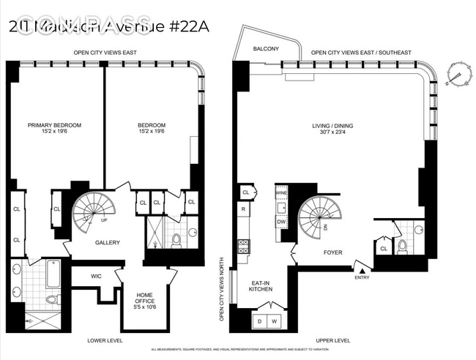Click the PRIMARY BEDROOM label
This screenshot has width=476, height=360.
pyautogui.click(x=54, y=125)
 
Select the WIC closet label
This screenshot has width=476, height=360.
pyautogui.click(x=96, y=276)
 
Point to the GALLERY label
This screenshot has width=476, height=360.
pyautogui.click(x=107, y=243)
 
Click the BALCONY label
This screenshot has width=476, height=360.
pyautogui.click(x=264, y=49)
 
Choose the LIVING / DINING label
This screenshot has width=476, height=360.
pyautogui.click(x=332, y=125)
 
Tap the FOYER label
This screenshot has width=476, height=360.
pyautogui.click(x=332, y=252)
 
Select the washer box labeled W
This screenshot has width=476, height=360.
pyautogui.click(x=275, y=321)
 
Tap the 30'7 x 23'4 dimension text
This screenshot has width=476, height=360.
pyautogui.click(x=332, y=133)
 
